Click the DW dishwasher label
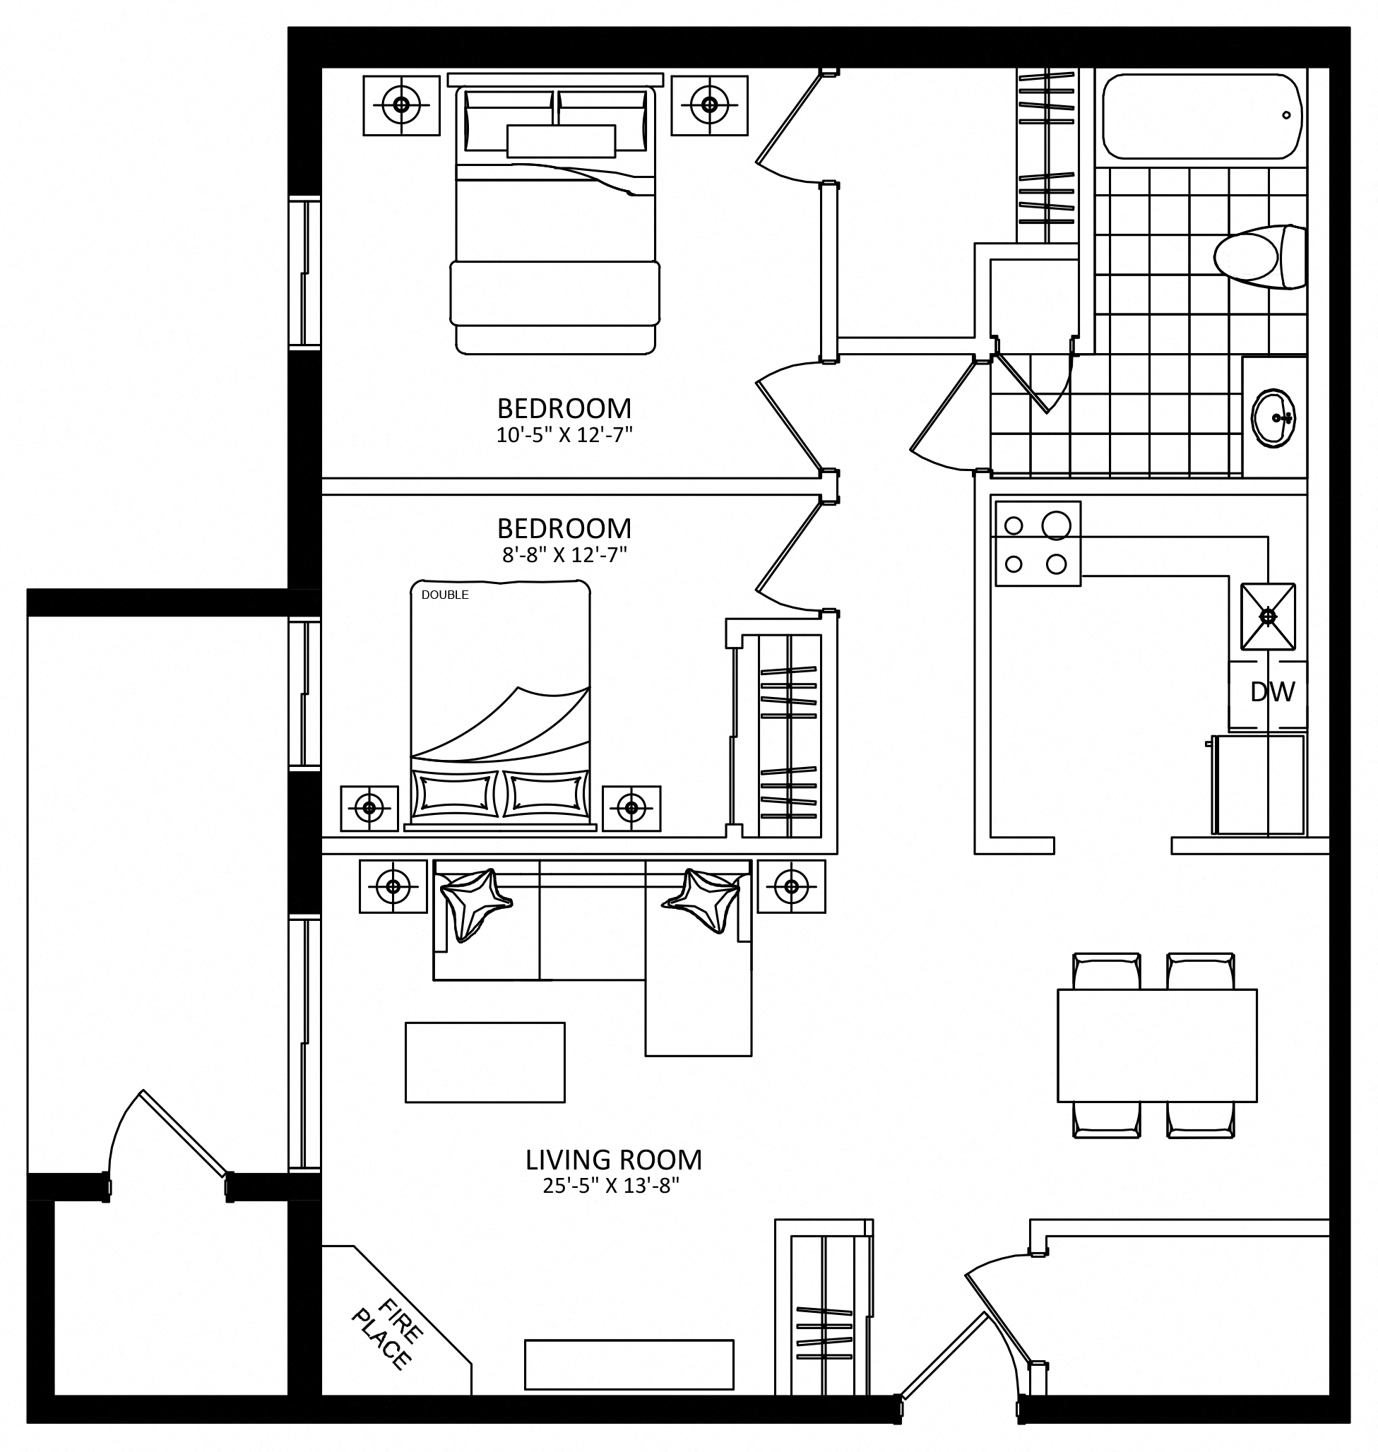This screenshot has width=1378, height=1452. click(x=1272, y=692)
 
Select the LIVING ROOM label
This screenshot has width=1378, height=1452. click(x=613, y=1160)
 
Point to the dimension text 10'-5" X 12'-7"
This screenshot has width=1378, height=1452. click(x=564, y=436)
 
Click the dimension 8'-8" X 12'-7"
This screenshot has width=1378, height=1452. click(x=564, y=554)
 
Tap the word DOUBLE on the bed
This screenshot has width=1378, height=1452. click(x=445, y=595)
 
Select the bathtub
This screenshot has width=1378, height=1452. click(x=1202, y=116)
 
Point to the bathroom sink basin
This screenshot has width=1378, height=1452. click(x=1273, y=418)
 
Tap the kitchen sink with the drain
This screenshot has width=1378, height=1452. click(x=1268, y=617)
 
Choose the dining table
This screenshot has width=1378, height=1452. click(x=1157, y=1046)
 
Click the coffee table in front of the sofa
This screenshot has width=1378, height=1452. click(x=485, y=1062)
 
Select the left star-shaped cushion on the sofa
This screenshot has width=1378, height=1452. click(x=473, y=903)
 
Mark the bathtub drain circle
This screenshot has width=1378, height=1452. click(x=1286, y=115)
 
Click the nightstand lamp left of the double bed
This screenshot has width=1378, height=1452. click(x=369, y=809)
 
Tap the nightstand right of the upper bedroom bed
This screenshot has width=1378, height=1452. click(x=709, y=105)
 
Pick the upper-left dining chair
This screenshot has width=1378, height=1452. click(x=1106, y=971)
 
